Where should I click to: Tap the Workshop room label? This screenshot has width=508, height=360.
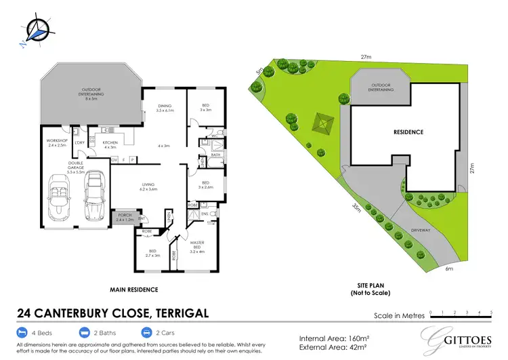coord(56,142)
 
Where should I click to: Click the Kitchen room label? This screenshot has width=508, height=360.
coord(110,145)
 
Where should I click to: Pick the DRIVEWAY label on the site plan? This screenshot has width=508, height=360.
coord(420,231)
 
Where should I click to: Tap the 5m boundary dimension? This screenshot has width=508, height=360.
coord(259,70)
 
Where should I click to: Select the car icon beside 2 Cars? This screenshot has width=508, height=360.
coord(146,333)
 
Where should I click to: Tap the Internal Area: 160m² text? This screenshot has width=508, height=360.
coord(335,336)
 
